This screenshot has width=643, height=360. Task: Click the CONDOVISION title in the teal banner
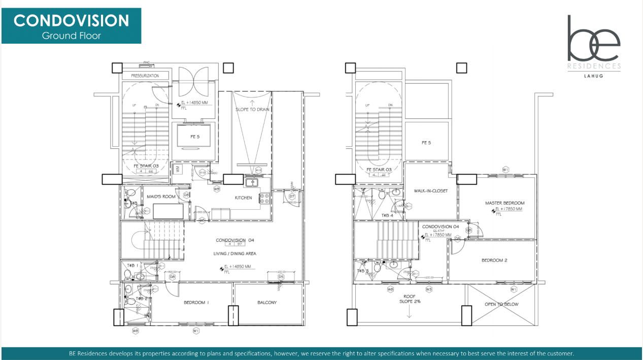tap(71, 21)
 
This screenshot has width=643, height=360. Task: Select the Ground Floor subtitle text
tap(71, 36)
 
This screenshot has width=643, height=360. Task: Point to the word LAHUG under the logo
tap(594, 77)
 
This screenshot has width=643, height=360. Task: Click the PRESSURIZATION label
tap(145, 76)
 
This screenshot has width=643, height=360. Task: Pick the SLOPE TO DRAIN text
tap(253, 110)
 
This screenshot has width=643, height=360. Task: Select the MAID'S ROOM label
tap(161, 196)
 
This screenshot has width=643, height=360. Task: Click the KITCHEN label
tap(243, 198)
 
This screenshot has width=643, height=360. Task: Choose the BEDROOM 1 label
tap(196, 303)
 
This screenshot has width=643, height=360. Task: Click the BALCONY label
tap(267, 303)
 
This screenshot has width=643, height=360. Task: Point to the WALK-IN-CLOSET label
tap(431, 191)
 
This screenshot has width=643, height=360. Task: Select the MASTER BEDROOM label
tap(504, 203)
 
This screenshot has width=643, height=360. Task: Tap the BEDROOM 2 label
tap(494, 260)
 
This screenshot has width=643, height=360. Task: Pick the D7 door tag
tap(292, 196)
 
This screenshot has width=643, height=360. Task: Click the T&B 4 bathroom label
tap(388, 215)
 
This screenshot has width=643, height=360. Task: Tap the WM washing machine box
tap(177, 169)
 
